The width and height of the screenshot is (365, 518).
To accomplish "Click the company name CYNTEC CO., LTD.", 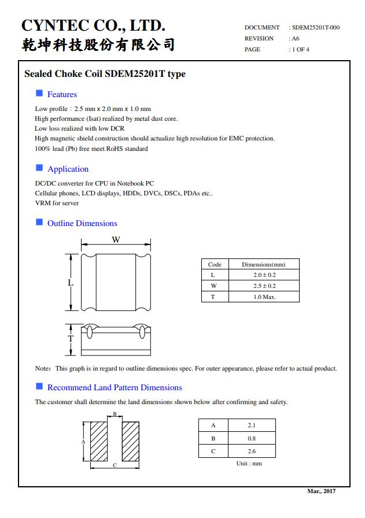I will [x=93, y=25].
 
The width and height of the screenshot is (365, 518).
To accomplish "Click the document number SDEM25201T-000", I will [x=316, y=28].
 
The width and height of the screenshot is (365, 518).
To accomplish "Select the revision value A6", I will [x=295, y=39].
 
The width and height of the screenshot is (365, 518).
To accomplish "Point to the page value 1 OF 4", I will [x=300, y=50].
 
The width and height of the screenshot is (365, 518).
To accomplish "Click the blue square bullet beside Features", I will [x=39, y=94].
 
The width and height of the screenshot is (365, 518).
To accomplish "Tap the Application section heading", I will [x=68, y=169].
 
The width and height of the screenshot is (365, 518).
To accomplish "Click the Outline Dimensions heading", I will [x=82, y=223].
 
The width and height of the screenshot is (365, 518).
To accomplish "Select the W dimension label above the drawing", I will [x=116, y=240].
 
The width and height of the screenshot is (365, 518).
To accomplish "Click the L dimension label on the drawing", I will [x=71, y=283].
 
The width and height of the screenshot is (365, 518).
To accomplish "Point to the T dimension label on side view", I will [x=71, y=338].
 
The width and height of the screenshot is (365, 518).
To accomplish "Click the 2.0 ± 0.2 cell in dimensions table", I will [x=264, y=275].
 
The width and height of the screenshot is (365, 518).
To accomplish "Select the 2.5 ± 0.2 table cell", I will [x=264, y=286].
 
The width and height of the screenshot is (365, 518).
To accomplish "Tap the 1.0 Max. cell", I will [x=264, y=297].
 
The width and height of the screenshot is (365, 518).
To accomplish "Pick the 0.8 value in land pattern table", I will [x=251, y=439].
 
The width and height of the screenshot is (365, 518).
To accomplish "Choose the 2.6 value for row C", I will [x=251, y=452].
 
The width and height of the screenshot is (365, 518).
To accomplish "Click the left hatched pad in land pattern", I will [x=99, y=441].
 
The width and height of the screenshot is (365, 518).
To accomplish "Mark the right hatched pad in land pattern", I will [x=130, y=441].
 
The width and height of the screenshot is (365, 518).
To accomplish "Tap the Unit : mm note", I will [x=249, y=464].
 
